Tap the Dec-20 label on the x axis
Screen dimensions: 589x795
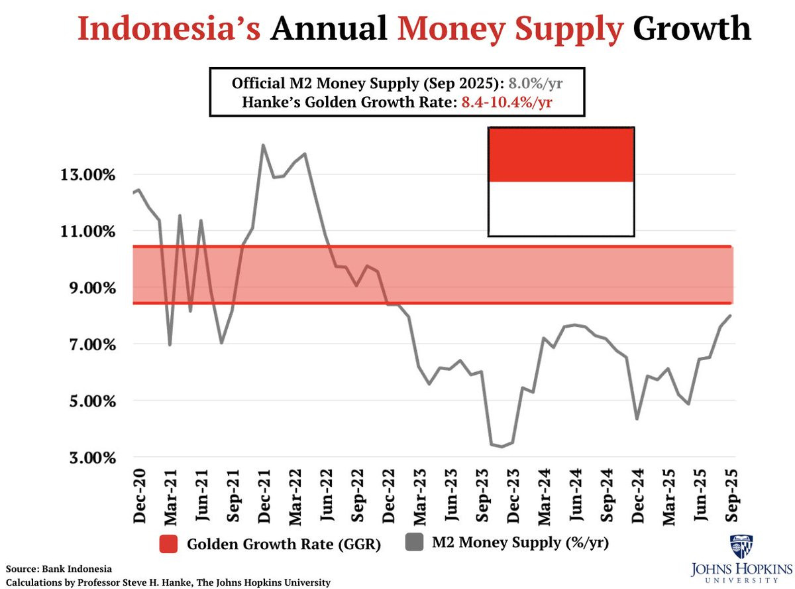point(139,495)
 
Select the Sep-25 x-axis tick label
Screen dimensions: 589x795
point(733,495)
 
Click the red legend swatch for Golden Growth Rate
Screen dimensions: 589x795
point(170,545)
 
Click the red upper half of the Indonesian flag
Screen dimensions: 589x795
point(561,154)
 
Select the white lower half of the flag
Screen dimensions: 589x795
point(561,208)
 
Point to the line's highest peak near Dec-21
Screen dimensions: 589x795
point(263,145)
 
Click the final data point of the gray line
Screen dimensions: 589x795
point(731,315)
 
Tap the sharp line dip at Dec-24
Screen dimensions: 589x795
point(637,419)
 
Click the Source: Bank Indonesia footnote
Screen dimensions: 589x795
point(60,569)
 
